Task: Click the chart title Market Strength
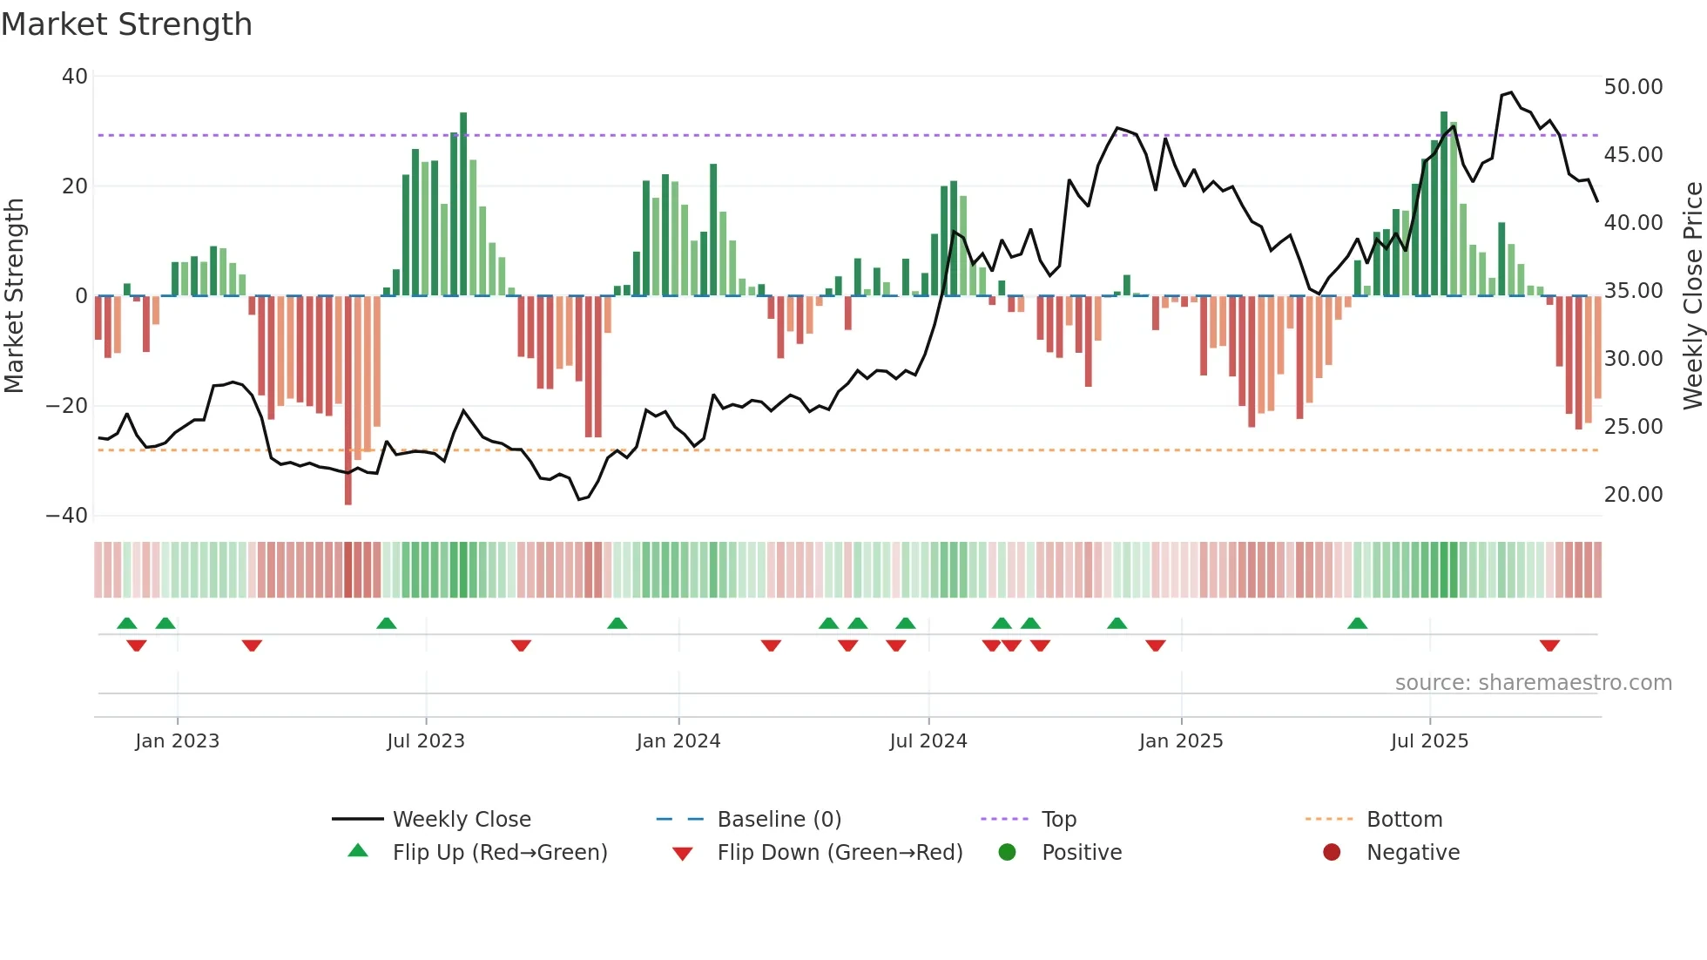126,24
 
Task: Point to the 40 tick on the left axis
75,77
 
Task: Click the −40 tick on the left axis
67,516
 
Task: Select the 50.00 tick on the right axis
1633,87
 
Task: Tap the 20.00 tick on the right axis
1633,495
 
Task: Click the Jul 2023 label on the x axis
426,741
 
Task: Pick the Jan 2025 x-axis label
1180,741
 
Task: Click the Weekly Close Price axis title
1692,295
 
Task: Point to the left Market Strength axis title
15,295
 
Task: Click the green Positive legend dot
1008,853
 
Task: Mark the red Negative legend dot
1332,853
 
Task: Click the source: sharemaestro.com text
1533,683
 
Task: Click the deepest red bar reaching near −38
348,401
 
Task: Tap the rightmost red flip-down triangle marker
1549,646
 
